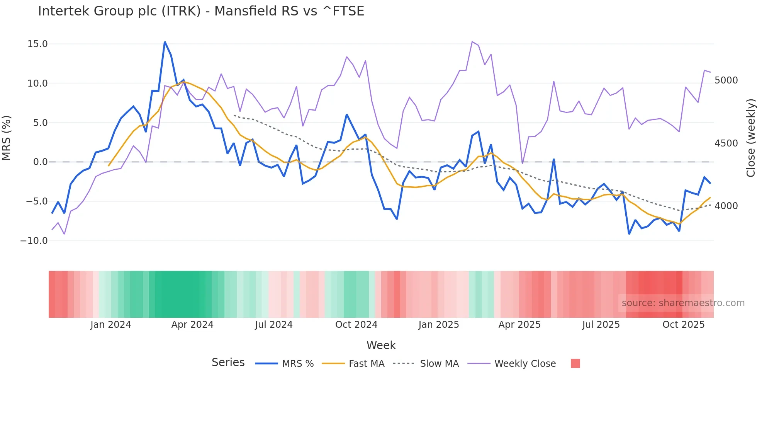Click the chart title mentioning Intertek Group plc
point(201,11)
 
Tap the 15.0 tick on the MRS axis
point(37,44)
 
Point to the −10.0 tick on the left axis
point(34,241)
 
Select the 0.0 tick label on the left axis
point(40,162)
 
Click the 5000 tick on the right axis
point(726,80)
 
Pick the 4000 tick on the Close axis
point(726,206)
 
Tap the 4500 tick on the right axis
point(726,143)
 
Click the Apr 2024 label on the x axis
point(192,325)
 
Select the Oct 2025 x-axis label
point(683,325)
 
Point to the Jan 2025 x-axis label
point(438,325)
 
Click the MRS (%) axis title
point(7,138)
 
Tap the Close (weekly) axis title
point(750,138)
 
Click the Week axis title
point(381,345)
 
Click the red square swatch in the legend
point(575,363)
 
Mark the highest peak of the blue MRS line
point(165,42)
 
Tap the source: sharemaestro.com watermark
point(683,303)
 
